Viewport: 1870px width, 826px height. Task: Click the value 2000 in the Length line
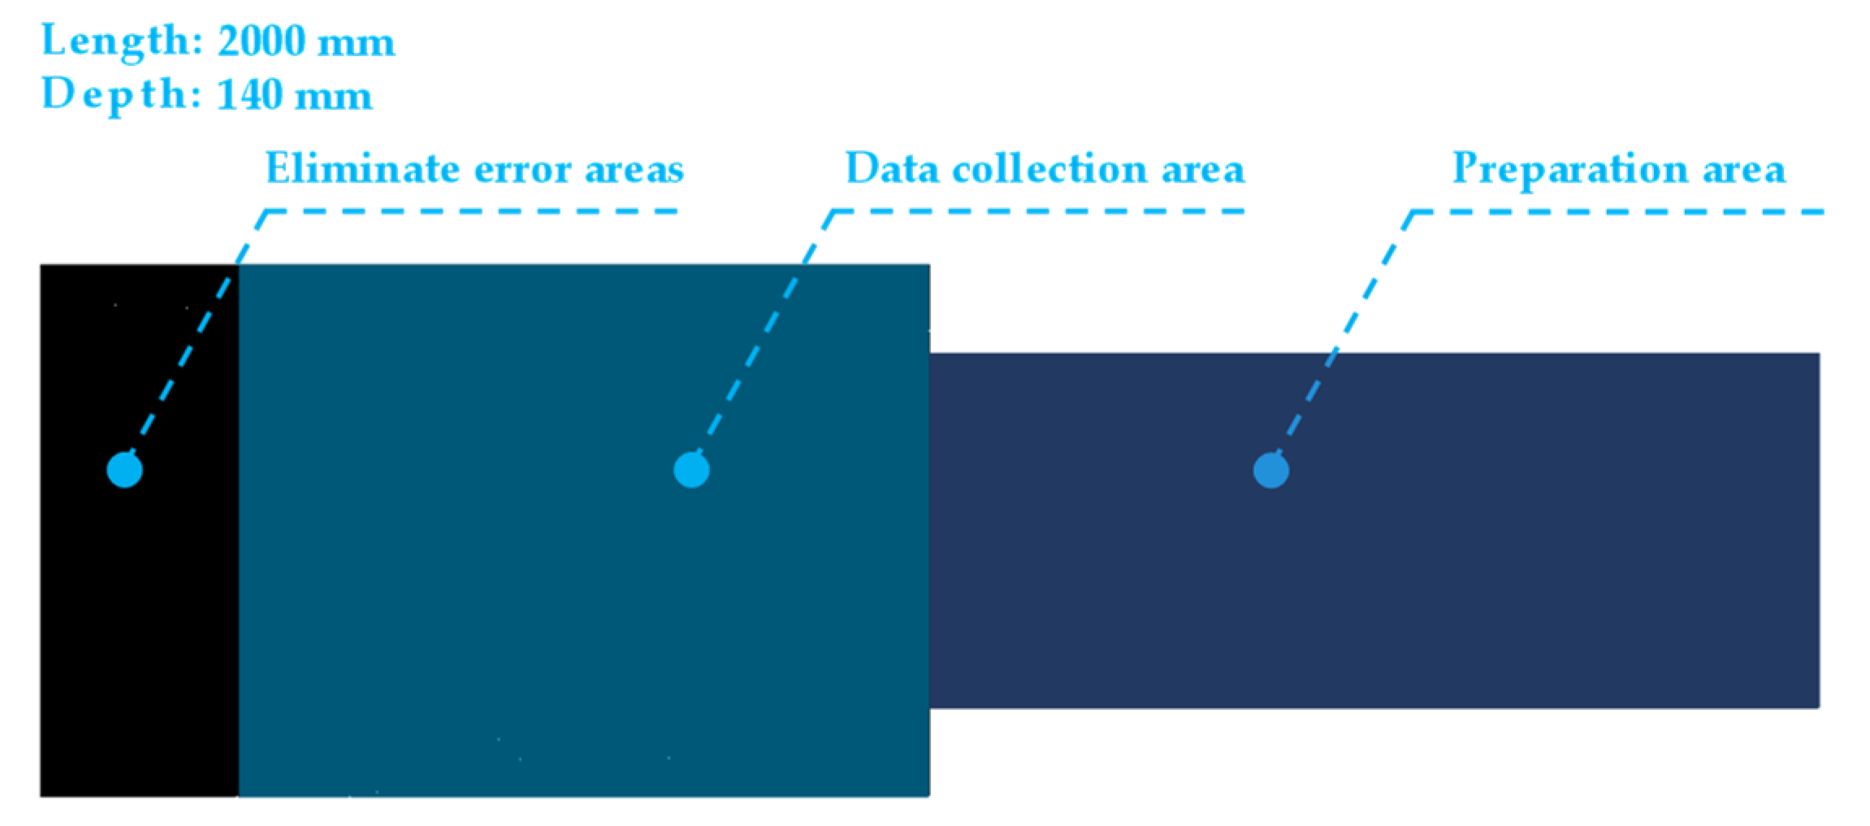pyautogui.click(x=261, y=41)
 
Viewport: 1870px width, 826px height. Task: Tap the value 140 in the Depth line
pyautogui.click(x=249, y=94)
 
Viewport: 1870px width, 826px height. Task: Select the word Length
pyautogui.click(x=115, y=41)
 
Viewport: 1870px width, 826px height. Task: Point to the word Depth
pyautogui.click(x=115, y=94)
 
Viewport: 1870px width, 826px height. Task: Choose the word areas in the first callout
pyautogui.click(x=634, y=169)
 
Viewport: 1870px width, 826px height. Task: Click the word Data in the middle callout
pyautogui.click(x=891, y=169)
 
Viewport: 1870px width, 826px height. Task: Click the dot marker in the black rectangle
pyautogui.click(x=124, y=469)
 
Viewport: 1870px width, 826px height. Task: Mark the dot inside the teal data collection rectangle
pyautogui.click(x=691, y=469)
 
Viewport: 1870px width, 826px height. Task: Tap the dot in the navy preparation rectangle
pyautogui.click(x=1270, y=470)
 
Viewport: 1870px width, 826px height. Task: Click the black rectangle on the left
pyautogui.click(x=138, y=634)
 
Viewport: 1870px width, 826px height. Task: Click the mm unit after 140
pyautogui.click(x=333, y=96)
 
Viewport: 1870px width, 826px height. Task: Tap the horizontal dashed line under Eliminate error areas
pyautogui.click(x=471, y=212)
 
